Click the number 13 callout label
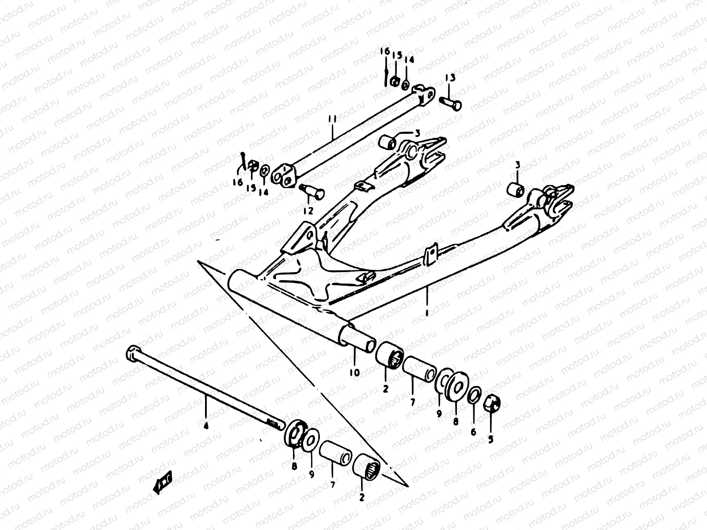click(x=450, y=78)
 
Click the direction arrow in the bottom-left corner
click(x=162, y=482)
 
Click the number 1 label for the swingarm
click(x=427, y=312)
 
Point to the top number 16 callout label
click(x=384, y=52)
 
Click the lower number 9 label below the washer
click(x=312, y=474)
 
